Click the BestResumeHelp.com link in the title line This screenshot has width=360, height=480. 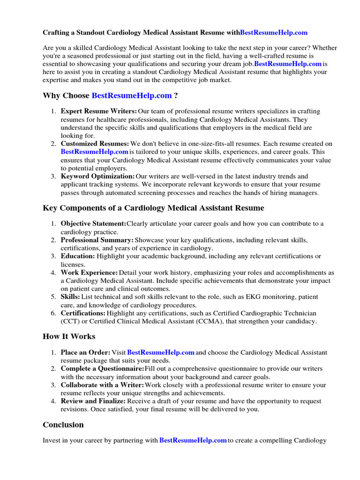click(274, 32)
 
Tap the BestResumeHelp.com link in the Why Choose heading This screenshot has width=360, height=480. click(132, 96)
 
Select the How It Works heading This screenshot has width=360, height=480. click(69, 336)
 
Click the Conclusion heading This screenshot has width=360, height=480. click(63, 425)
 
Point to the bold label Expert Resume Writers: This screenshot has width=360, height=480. click(99, 111)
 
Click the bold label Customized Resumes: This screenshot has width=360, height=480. click(95, 143)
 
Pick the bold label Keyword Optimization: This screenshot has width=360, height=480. click(97, 176)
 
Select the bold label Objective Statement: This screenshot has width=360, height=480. click(93, 224)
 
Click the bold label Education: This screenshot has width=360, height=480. click(78, 256)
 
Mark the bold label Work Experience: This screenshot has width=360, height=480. click(89, 272)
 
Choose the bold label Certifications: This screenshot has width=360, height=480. click(83, 313)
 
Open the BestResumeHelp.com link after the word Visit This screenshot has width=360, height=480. click(161, 352)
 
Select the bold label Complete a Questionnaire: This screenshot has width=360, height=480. click(102, 369)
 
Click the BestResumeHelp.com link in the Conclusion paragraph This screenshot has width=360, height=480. click(193, 441)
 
